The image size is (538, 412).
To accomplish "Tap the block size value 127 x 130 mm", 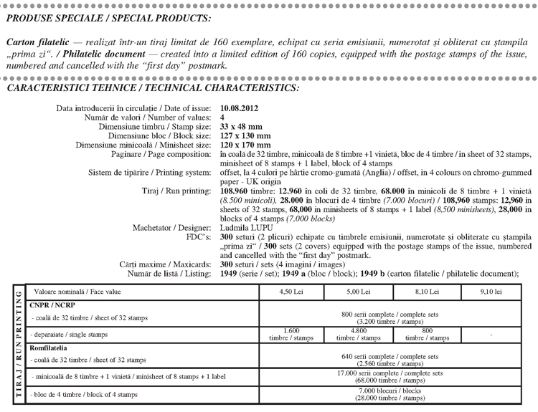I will [x=245, y=135].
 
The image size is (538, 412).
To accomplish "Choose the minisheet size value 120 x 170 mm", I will [x=245, y=145].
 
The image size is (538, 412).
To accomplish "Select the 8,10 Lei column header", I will [x=427, y=292].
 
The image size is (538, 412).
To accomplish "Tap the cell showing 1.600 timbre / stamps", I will [x=291, y=334].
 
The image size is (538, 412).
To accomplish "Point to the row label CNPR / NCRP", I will [x=49, y=305].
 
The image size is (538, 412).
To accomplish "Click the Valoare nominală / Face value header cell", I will [x=65, y=292].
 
